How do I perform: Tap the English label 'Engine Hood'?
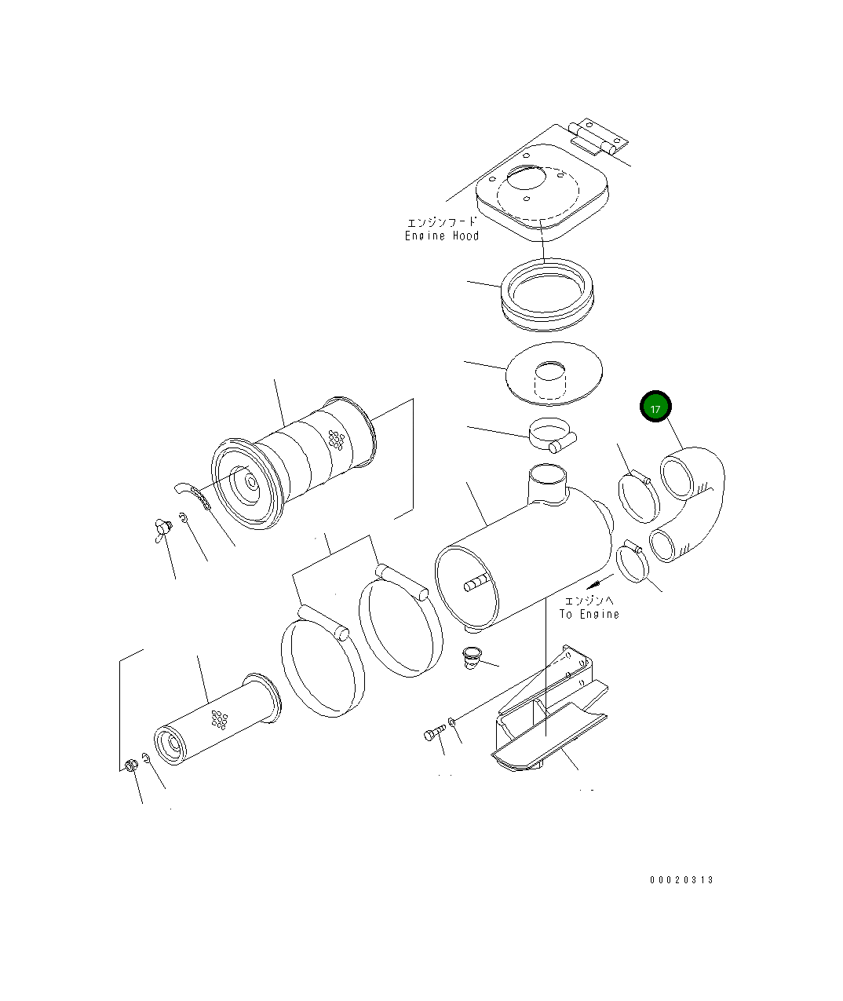coord(442,236)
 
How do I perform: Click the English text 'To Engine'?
coord(589,614)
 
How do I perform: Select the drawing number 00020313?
coord(681,880)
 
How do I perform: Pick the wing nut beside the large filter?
coord(162,528)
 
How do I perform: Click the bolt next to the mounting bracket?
coord(434,734)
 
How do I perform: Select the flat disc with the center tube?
coord(554,373)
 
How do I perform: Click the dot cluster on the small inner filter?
coord(219,718)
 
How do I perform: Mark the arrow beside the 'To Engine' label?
coord(600,582)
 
